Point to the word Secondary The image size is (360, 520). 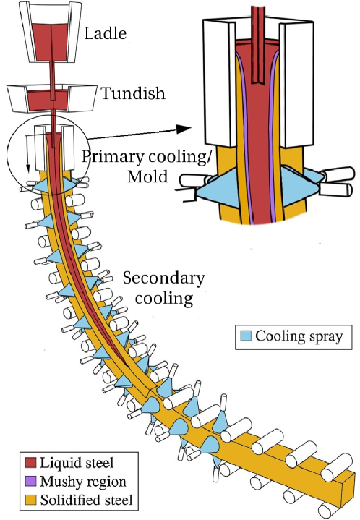pyautogui.click(x=163, y=278)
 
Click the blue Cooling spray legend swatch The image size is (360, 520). pyautogui.click(x=246, y=337)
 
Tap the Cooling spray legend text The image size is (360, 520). pyautogui.click(x=297, y=337)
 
